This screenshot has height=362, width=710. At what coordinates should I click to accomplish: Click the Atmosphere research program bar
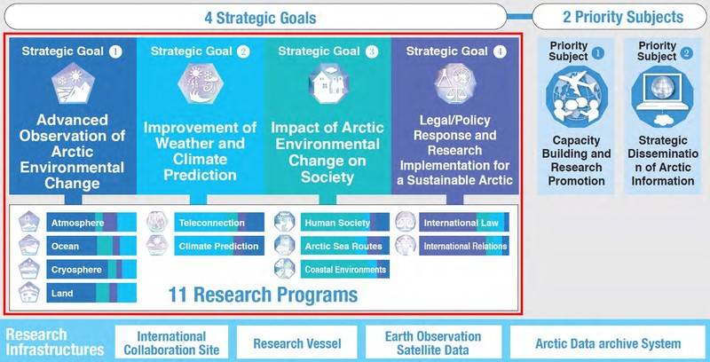tap(91, 222)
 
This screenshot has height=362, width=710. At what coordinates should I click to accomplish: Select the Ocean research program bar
tap(91, 246)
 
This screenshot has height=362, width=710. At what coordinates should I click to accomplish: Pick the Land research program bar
tap(91, 293)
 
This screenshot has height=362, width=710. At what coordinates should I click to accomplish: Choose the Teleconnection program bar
tap(219, 222)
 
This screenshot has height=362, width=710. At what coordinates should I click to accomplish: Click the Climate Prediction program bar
tap(219, 246)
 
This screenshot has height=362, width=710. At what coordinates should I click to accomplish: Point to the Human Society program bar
tap(345, 222)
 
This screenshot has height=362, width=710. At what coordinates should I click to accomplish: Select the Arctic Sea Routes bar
tap(345, 246)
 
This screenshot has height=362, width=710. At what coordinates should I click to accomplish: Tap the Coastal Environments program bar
tap(345, 269)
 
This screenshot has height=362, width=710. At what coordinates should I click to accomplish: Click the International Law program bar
tap(464, 222)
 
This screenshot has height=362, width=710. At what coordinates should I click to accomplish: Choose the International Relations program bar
tap(464, 246)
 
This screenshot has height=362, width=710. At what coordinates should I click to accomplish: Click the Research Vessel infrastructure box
tap(297, 342)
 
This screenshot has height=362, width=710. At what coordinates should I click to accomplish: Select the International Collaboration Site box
tap(171, 342)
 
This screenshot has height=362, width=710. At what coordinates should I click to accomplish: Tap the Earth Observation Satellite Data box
tap(434, 342)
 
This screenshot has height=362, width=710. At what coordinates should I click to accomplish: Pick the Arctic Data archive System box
tap(608, 342)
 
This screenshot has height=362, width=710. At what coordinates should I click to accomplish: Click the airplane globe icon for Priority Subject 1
tap(576, 97)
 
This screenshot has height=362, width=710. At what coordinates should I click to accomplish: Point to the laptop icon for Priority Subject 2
tap(662, 97)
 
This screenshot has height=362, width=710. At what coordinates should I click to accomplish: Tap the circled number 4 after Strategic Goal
tap(500, 51)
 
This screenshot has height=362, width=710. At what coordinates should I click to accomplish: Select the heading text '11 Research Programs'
tap(263, 295)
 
